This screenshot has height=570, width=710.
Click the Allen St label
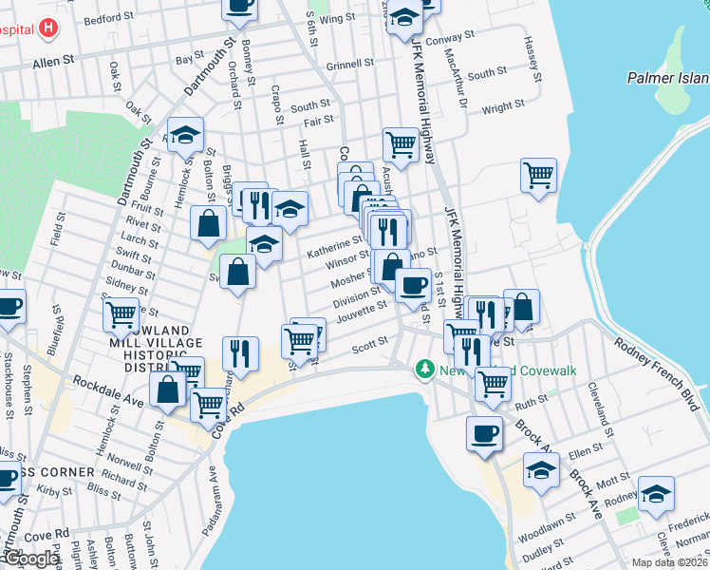point(53,61)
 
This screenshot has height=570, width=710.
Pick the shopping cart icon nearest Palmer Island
point(538,175)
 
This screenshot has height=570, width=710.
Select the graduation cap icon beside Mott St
point(542,469)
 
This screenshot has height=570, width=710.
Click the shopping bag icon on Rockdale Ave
point(168,389)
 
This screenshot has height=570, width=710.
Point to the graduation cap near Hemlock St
point(186,135)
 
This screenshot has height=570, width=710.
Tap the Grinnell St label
point(350,66)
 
